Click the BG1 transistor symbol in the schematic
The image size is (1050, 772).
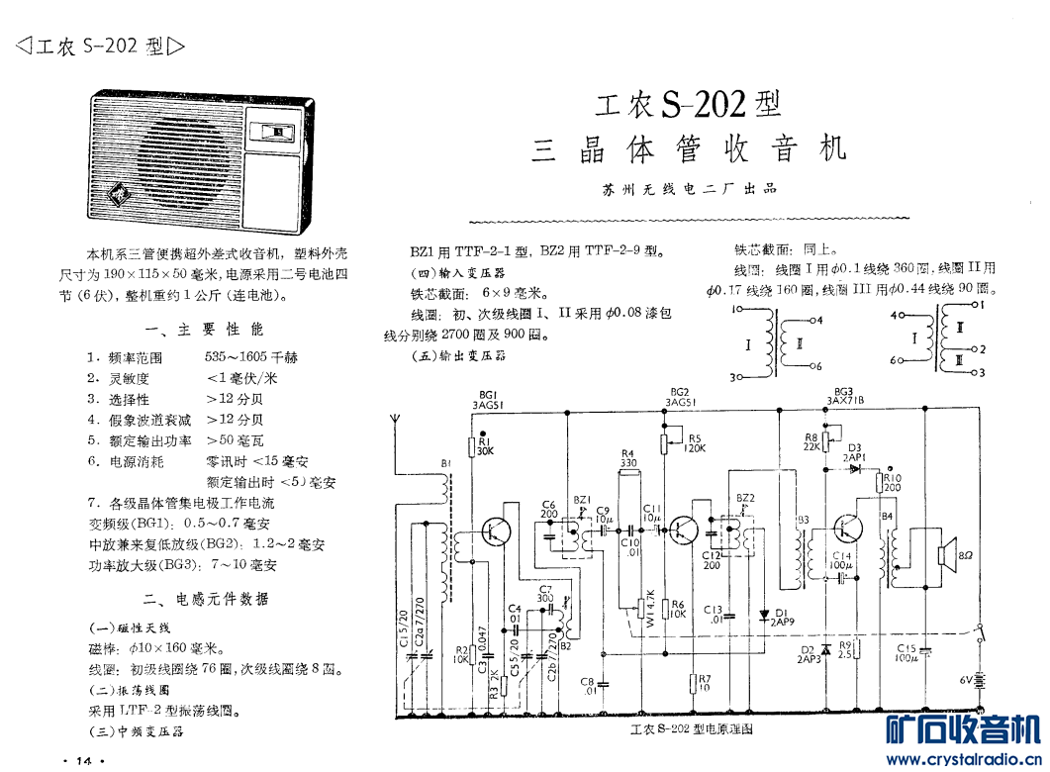(x=496, y=531)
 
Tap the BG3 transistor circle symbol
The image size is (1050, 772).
(x=849, y=530)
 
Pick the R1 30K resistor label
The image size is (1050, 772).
(x=485, y=445)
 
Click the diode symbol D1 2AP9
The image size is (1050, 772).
(x=764, y=615)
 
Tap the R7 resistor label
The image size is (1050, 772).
(x=704, y=683)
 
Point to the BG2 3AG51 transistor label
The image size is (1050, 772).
(x=680, y=397)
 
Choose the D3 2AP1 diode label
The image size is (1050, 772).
(x=854, y=452)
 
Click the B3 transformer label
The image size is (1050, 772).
(x=802, y=520)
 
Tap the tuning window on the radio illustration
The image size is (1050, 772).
(x=277, y=130)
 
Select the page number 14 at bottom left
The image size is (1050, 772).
(x=83, y=760)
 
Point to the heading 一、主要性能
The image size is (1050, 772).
(x=205, y=329)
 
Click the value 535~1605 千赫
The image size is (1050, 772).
(x=251, y=357)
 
